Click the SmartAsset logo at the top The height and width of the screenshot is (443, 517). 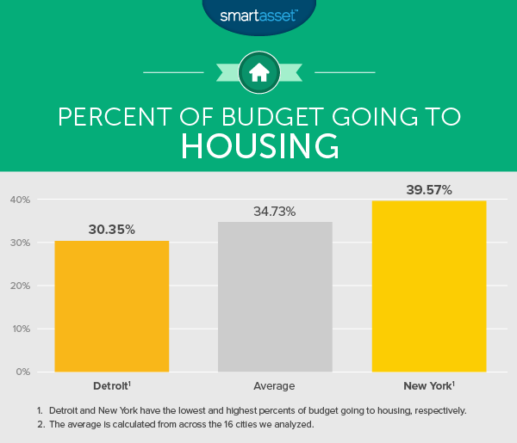[258, 15]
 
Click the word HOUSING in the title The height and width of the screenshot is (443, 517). [258, 146]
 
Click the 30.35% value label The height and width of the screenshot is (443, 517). [112, 230]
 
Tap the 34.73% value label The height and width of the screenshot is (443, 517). [275, 211]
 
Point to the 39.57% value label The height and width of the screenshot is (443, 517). [428, 189]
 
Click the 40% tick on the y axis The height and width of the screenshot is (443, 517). [21, 200]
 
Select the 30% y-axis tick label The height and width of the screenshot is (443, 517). [21, 243]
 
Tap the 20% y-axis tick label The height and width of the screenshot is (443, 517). [21, 286]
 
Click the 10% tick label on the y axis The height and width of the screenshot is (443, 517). [21, 329]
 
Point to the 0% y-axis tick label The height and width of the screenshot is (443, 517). [23, 372]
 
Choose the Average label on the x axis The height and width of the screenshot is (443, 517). [275, 385]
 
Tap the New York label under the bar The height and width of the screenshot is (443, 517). [427, 385]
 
